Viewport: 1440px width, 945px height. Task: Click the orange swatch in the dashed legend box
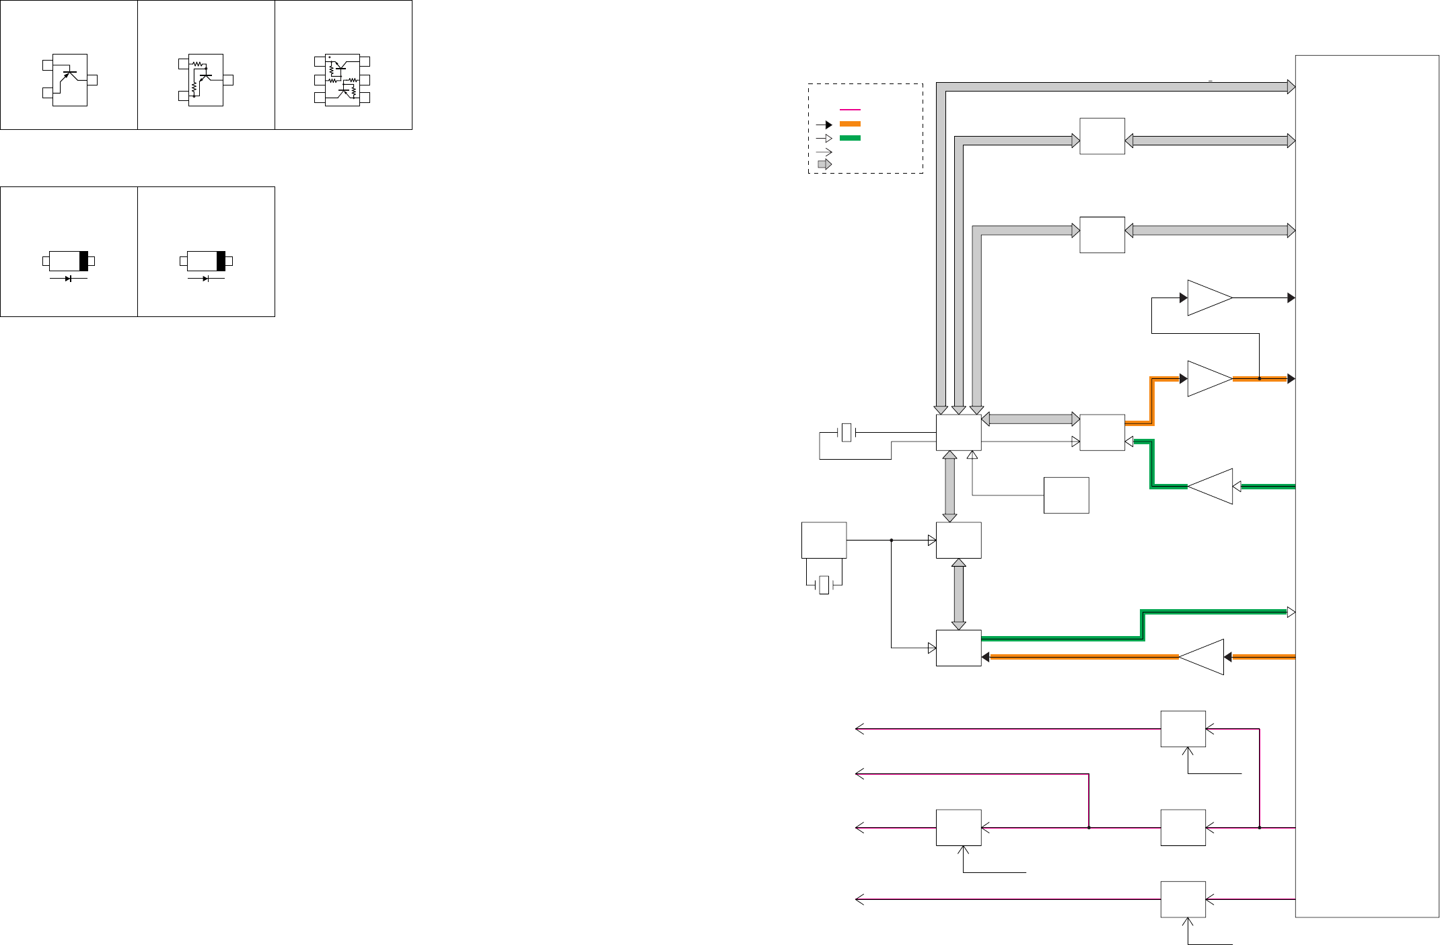[x=850, y=124]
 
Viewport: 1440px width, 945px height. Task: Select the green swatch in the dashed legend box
[x=850, y=138]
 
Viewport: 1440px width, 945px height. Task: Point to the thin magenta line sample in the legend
[x=850, y=109]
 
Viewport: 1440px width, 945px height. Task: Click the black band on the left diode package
[x=84, y=261]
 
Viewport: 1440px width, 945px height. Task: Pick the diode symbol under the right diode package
[x=206, y=279]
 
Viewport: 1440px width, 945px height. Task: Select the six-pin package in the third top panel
[x=342, y=79]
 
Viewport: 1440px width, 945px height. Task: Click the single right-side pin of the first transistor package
[x=92, y=80]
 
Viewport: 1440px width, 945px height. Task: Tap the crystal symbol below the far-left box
[x=824, y=585]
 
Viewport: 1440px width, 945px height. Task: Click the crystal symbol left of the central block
[x=847, y=432]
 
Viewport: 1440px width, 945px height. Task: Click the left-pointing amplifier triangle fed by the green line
[x=1211, y=486]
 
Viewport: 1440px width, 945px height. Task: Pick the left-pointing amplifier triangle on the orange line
[x=1202, y=657]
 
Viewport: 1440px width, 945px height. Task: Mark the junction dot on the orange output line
[x=1259, y=379]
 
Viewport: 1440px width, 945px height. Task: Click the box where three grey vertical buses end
[x=958, y=432]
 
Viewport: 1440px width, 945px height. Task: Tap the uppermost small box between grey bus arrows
[x=1102, y=136]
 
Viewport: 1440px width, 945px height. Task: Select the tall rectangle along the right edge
[x=1367, y=486]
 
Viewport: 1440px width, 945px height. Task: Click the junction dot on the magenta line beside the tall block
[x=1259, y=827]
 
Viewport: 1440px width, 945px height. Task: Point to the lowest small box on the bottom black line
[x=1182, y=899]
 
